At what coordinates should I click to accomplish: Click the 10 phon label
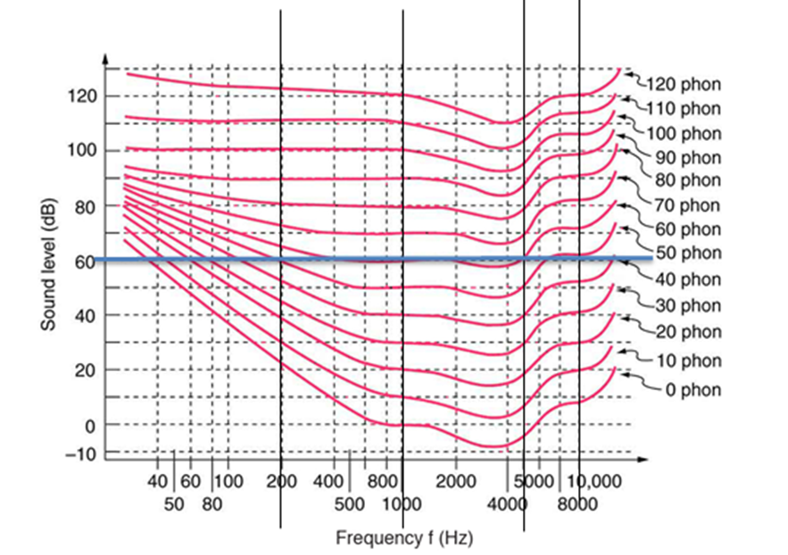tap(690, 360)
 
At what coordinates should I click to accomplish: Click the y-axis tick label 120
tap(83, 96)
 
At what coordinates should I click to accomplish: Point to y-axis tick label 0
tap(89, 426)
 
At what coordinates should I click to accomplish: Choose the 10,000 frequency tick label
tap(593, 481)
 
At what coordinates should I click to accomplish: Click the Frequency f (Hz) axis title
tap(404, 538)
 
